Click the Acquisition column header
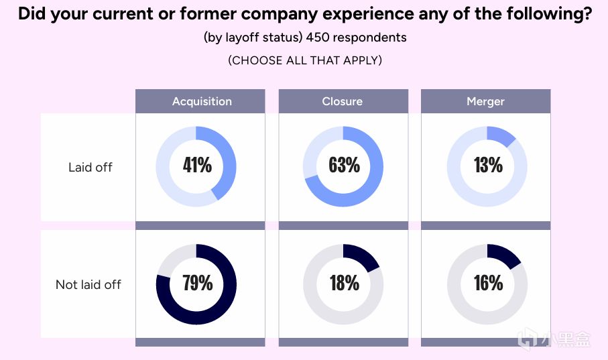[202, 101]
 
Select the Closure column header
[342, 101]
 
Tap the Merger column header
[485, 101]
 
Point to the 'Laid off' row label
[90, 167]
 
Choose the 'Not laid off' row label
[88, 284]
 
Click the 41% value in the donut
[197, 165]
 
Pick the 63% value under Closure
[344, 165]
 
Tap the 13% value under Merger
[488, 165]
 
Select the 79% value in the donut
[197, 283]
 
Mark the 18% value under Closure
[344, 283]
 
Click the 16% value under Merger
[488, 283]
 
